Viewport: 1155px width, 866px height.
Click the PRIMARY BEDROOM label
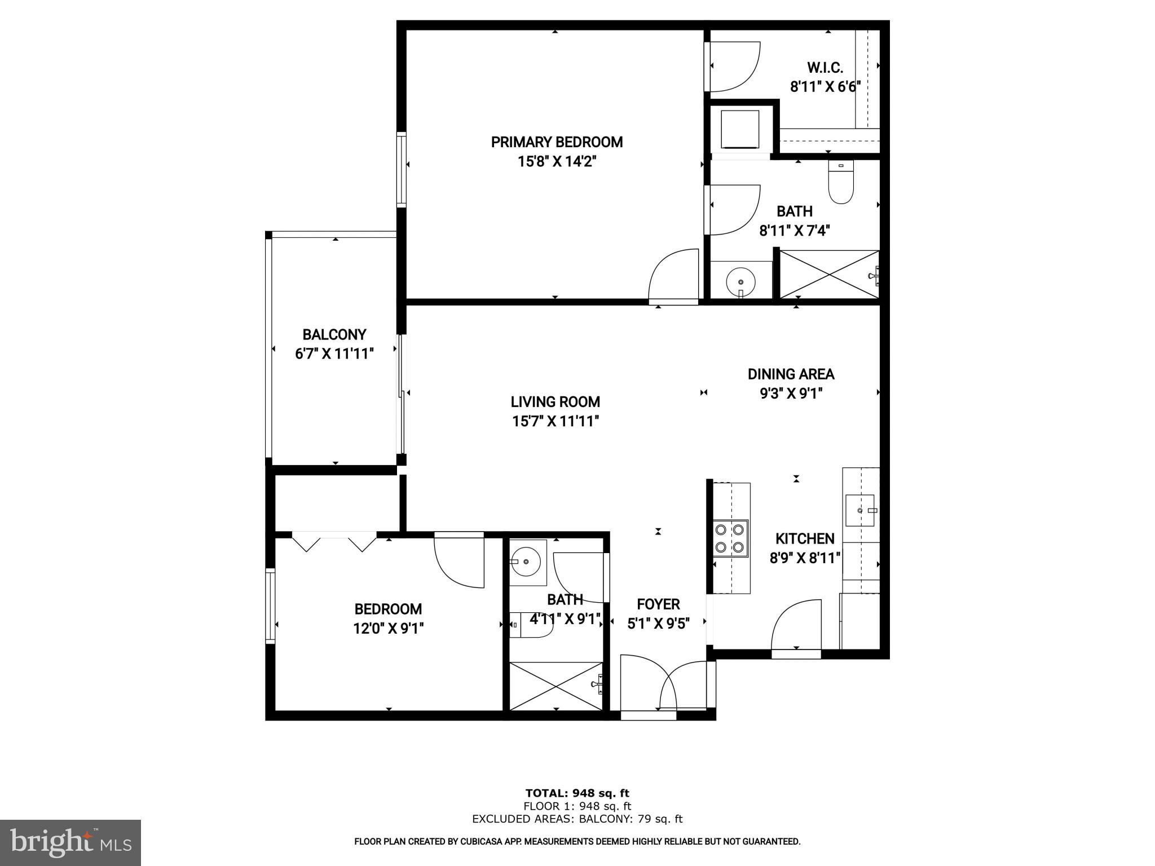[x=557, y=142]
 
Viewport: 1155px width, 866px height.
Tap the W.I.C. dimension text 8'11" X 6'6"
[x=825, y=87]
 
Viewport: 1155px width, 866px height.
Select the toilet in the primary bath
[x=841, y=183]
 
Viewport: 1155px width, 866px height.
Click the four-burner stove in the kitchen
[x=730, y=538]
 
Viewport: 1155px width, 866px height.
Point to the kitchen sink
[x=860, y=510]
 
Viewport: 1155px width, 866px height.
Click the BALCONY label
[x=334, y=335]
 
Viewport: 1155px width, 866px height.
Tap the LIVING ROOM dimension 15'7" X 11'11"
[x=556, y=421]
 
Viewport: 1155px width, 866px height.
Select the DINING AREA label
[x=791, y=374]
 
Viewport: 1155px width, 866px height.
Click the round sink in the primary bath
[x=740, y=280]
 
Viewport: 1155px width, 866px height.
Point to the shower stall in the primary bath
[x=829, y=275]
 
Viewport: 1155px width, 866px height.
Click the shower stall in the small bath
[x=556, y=686]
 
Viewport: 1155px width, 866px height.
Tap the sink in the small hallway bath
[x=527, y=562]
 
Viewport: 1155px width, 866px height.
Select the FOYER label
[x=658, y=604]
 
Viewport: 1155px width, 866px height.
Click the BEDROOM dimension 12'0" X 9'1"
[x=389, y=628]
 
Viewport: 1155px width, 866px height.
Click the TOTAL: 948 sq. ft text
[x=577, y=793]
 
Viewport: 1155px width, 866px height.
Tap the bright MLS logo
[x=70, y=842]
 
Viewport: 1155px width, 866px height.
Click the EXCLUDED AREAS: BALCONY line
[x=577, y=819]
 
